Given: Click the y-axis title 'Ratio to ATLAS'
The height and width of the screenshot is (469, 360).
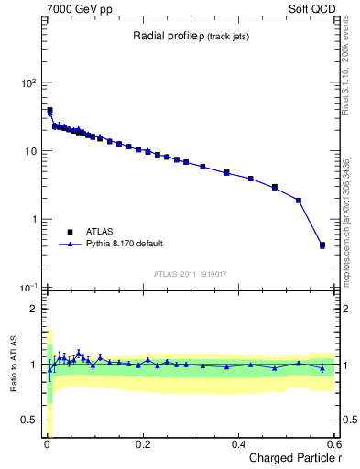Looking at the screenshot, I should coord(12,365).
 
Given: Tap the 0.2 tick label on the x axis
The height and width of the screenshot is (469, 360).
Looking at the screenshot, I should coord(142,444).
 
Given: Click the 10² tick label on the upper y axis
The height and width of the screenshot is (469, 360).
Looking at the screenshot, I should coord(28,82).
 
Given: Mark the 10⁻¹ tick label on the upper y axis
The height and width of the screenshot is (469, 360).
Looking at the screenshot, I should coord(28,288).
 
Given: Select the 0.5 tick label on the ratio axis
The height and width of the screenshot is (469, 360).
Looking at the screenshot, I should coord(30,420).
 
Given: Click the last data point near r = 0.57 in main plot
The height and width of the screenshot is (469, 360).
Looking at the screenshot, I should coord(322,245).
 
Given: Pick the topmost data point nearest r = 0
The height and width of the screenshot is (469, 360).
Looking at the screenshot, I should coord(49,111).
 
